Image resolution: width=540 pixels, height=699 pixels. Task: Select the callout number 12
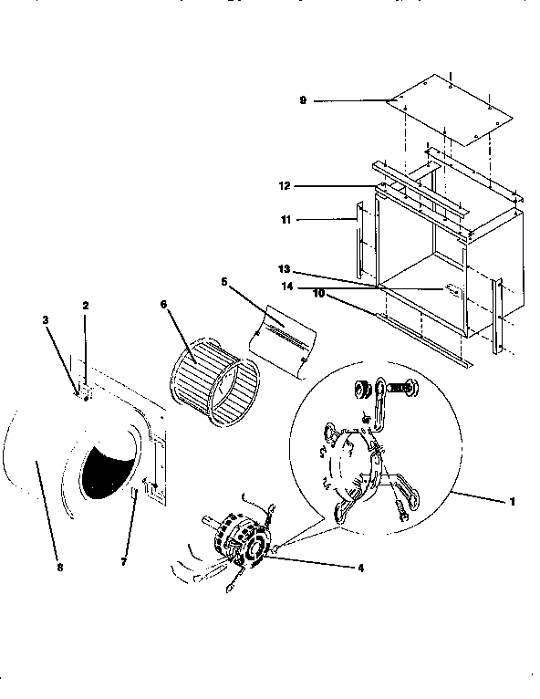pos(285,184)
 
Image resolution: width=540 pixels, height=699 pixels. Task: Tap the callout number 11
pos(285,219)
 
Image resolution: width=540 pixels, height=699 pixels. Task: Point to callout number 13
pos(285,269)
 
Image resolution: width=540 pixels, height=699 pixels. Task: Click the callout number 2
pos(86,307)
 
